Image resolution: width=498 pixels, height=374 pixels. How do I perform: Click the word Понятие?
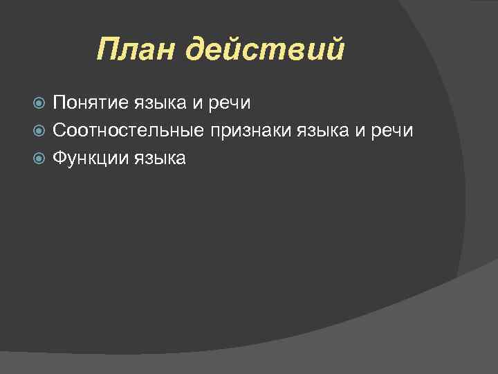coord(86,103)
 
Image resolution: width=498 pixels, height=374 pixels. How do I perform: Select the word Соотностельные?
coord(128,130)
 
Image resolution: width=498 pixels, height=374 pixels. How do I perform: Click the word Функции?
coord(86,159)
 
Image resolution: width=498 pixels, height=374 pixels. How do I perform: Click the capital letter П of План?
coord(107,50)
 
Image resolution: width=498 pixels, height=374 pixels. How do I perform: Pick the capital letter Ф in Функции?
coord(59,158)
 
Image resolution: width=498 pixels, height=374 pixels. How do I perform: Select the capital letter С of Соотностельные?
coord(59,130)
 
